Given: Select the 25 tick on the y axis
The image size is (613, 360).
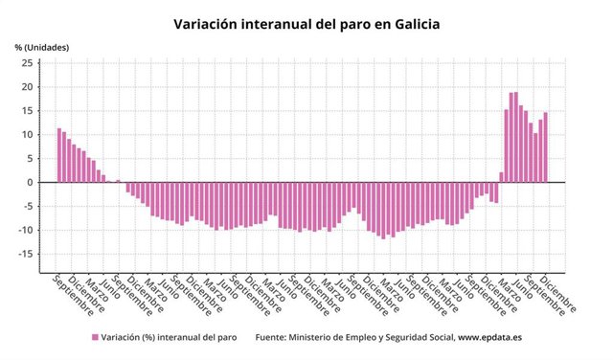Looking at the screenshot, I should tap(27, 63).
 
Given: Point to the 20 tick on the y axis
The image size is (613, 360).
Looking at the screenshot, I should tap(27, 87).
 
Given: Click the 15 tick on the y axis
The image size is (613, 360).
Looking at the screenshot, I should tap(27, 111).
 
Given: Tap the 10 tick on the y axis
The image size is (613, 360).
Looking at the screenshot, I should tap(27, 135).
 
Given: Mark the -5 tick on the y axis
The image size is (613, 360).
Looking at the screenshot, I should tap(28, 206).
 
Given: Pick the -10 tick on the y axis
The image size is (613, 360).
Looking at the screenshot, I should tap(26, 230).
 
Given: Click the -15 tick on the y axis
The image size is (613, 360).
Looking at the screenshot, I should tap(26, 254).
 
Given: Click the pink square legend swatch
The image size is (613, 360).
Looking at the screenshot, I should tap(95, 337).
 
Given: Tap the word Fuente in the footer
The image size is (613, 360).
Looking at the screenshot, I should tap(274, 337).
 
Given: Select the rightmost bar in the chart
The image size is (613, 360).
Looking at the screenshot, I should tap(546, 147).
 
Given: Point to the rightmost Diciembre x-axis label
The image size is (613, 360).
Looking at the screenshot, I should tap(560, 295).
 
